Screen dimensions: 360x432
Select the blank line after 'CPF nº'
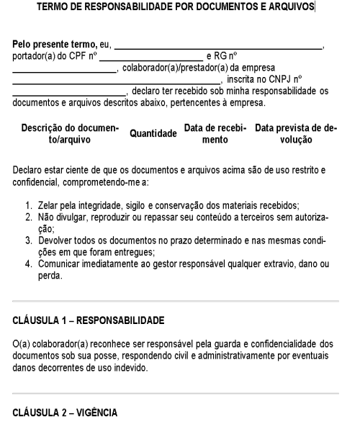pos(150,58)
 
